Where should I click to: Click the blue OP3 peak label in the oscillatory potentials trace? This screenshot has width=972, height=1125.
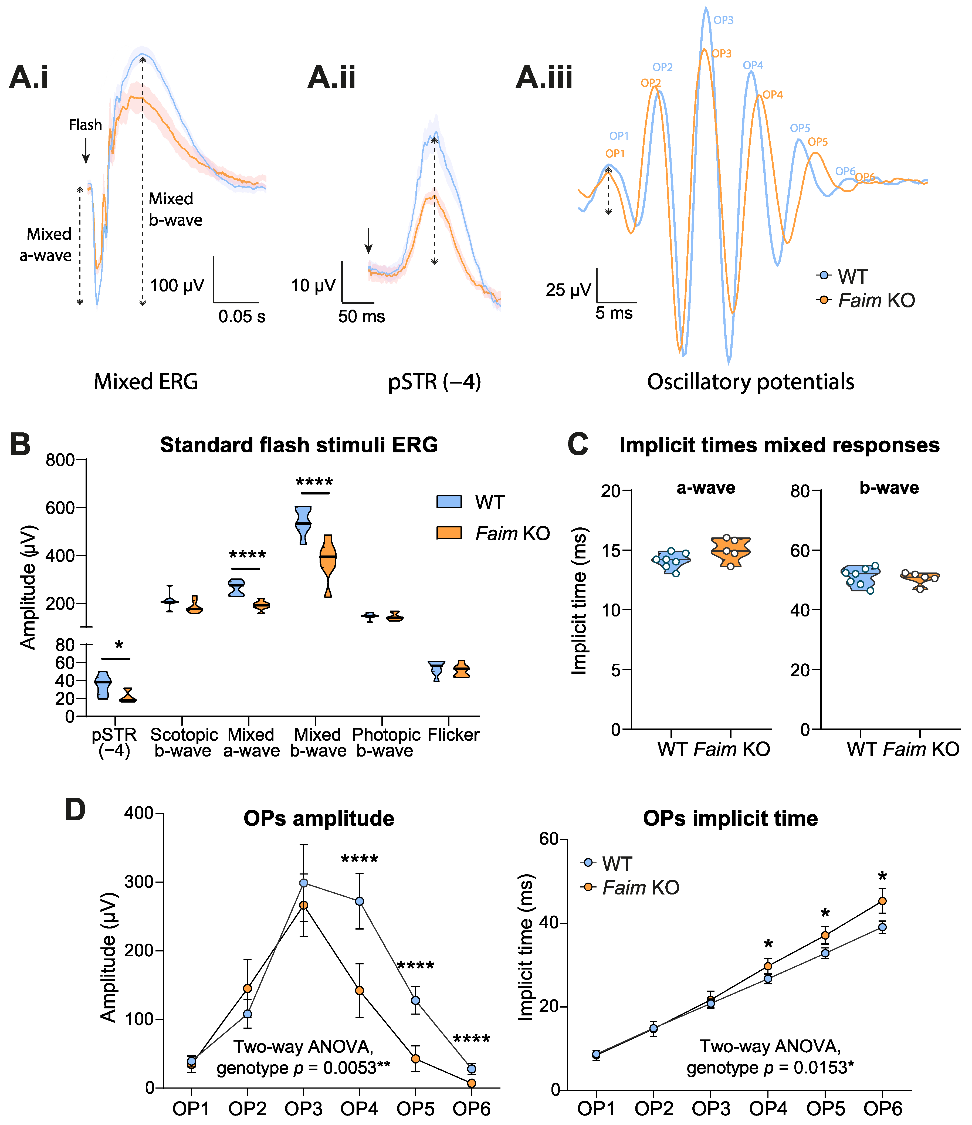(723, 20)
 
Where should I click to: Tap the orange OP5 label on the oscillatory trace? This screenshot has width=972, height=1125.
(818, 142)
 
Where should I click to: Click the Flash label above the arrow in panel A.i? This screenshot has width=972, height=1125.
(85, 125)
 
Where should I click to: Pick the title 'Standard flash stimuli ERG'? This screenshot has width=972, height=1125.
(299, 445)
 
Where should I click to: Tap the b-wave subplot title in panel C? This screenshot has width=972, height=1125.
(889, 487)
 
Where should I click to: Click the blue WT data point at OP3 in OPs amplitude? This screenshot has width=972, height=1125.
(304, 883)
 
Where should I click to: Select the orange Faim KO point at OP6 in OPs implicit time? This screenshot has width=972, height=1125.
(882, 901)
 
